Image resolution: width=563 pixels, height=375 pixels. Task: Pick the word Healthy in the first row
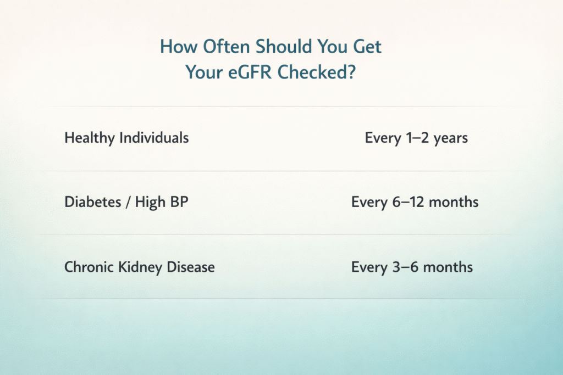tap(86, 138)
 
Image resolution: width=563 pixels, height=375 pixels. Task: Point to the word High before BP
tap(149, 202)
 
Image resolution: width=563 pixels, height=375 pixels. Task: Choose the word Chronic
tap(88, 267)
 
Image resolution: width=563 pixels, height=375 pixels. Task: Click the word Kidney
tap(136, 267)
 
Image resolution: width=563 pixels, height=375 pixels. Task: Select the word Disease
tap(187, 267)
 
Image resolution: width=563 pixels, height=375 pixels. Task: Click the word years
tap(450, 138)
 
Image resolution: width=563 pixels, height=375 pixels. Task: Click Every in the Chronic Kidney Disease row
tap(369, 267)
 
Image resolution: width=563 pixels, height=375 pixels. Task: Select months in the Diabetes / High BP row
tap(454, 202)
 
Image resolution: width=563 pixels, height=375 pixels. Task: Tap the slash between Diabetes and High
tap(127, 202)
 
